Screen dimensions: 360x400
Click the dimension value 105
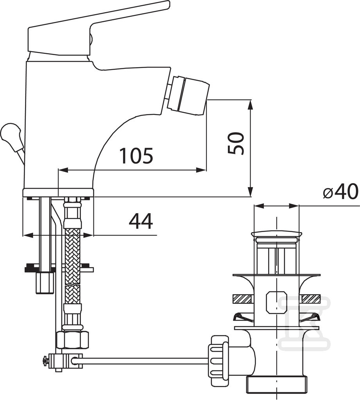[136, 155]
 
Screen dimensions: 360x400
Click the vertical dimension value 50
[236, 143]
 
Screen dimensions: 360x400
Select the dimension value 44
[141, 221]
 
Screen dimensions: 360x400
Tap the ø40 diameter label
[340, 191]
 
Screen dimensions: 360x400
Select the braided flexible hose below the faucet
[72, 265]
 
